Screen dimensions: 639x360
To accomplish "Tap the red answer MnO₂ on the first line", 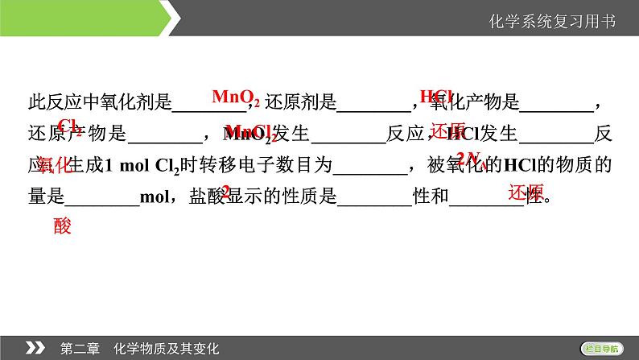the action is [x=234, y=97].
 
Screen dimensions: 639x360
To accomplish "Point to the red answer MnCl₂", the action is [x=251, y=132].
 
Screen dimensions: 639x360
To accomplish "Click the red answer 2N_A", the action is [x=468, y=158].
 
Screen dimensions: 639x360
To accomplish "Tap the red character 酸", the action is [x=63, y=226].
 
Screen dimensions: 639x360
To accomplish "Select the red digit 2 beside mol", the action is [x=226, y=192].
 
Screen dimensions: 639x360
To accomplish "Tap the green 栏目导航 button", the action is [x=601, y=347].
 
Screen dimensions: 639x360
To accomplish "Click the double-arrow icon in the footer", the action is [x=35, y=347].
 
